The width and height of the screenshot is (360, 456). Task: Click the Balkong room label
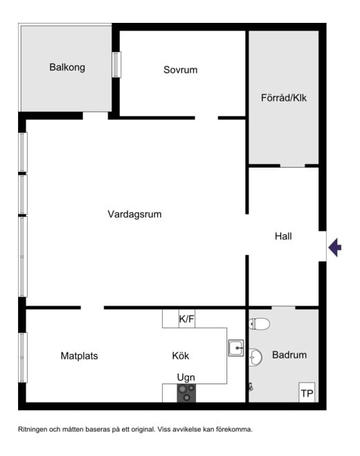[x=67, y=67]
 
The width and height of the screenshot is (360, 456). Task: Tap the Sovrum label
[x=181, y=69]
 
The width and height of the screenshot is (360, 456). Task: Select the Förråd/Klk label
[x=284, y=98]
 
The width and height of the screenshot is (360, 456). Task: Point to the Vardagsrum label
[x=134, y=214]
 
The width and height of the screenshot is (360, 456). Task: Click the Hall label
[x=283, y=236]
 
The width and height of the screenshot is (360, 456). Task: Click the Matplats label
[x=79, y=356]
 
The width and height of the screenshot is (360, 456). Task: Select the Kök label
[x=181, y=356]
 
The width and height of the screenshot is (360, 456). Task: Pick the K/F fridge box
[x=187, y=319]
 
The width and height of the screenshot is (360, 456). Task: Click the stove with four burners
[x=186, y=393]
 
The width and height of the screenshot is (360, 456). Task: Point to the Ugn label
[x=186, y=377]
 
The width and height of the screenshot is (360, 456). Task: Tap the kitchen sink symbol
[x=236, y=347]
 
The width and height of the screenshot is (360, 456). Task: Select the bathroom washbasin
[x=256, y=357]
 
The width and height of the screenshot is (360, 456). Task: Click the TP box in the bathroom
[x=307, y=393]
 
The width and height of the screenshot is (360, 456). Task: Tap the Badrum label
[x=289, y=355]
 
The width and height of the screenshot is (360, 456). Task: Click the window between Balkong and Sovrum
[x=116, y=65]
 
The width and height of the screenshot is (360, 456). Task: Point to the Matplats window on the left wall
[x=23, y=358]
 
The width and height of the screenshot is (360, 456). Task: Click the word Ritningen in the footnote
[x=35, y=429]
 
